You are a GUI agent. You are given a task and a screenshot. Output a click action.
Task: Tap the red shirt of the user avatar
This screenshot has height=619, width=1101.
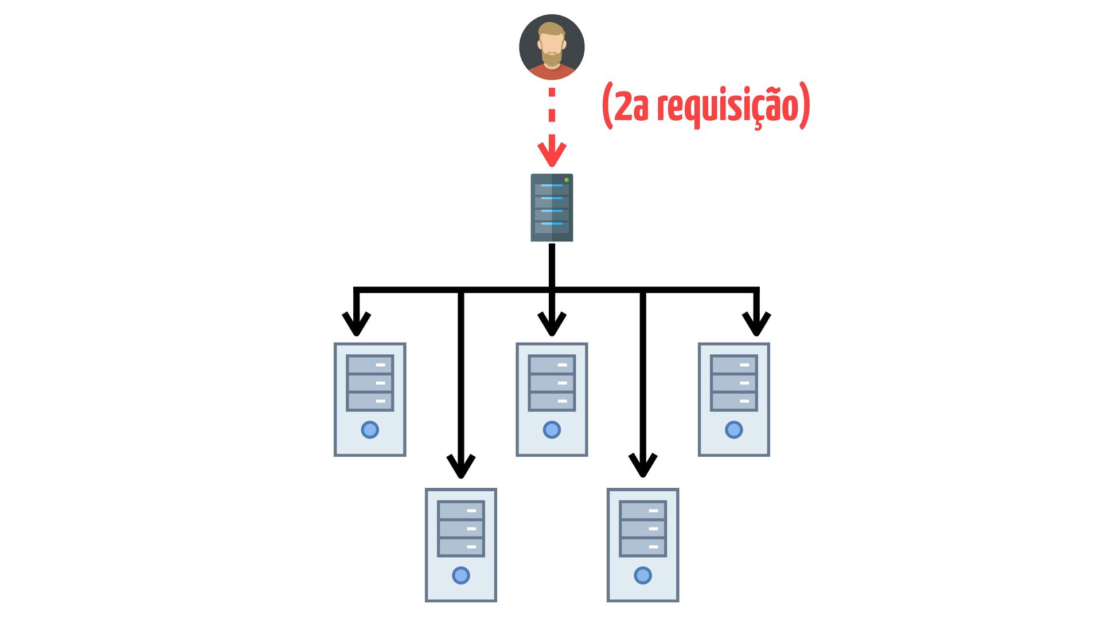coord(551,72)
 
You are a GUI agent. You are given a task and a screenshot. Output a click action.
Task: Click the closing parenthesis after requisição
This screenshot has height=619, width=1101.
coord(805,105)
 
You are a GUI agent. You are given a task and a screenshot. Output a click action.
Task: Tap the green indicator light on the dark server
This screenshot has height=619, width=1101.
coord(567,180)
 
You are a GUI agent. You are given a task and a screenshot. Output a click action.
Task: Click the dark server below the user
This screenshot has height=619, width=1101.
coord(552,207)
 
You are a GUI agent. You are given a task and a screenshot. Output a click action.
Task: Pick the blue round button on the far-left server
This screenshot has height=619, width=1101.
coord(370,429)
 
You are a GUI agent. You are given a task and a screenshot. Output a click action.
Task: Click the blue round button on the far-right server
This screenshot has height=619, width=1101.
coord(734,429)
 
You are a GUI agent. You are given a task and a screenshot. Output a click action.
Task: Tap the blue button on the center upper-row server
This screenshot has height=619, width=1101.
coord(552,429)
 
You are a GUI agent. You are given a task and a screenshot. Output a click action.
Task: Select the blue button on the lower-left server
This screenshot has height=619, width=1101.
coord(461,575)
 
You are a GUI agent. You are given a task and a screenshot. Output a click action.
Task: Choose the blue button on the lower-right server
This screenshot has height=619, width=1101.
coord(643,575)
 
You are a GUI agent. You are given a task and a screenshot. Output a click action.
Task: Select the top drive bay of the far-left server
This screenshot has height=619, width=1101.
coord(370,365)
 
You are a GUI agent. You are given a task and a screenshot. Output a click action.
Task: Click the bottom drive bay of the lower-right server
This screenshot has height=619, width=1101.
coord(643,547)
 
